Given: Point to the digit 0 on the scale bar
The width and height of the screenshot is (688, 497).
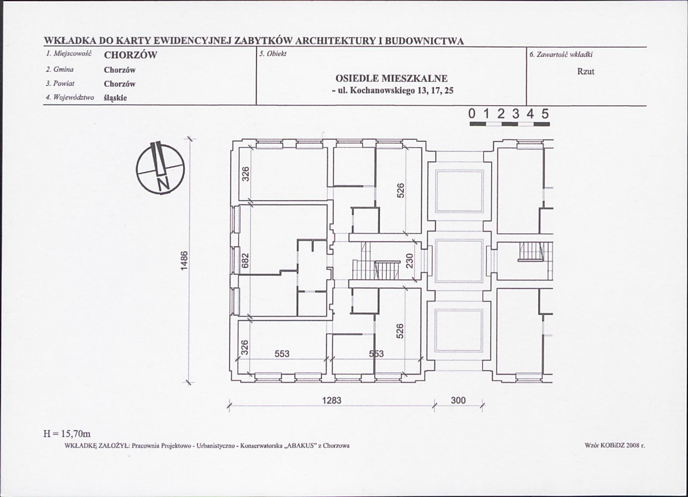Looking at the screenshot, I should point(472,114).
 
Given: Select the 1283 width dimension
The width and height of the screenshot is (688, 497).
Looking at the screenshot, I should point(331,400).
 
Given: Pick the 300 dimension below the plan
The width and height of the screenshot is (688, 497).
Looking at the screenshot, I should point(458,400).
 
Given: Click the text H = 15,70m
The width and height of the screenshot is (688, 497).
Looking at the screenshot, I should point(66,433).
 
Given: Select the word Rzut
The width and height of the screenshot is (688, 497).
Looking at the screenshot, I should point(586,71).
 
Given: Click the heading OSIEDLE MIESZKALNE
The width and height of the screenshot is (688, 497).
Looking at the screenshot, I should point(391,79).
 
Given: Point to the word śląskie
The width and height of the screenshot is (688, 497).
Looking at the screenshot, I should point(115,98).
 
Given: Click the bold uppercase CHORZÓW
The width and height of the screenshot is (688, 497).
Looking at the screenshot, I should point(130,56).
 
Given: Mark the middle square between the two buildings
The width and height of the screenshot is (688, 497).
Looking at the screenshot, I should point(459,260).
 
